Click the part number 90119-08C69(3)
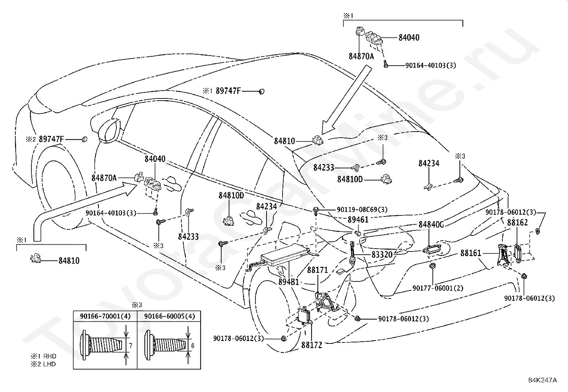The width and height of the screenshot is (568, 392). [362, 209]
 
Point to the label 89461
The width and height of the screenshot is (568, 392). [358, 220]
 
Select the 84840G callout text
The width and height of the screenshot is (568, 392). [431, 224]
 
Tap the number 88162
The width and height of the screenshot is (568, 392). [517, 222]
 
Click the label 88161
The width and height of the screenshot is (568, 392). [471, 253]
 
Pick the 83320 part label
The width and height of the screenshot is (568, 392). [382, 254]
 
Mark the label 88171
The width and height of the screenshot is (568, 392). [318, 270]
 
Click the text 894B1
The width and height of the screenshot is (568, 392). [289, 282]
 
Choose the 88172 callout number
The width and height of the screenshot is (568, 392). [311, 345]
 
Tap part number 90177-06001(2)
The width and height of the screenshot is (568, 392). [438, 288]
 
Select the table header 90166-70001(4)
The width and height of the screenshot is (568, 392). [105, 316]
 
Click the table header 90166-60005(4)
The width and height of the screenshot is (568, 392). [169, 316]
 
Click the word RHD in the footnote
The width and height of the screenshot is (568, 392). [50, 356]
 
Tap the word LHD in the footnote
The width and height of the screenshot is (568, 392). [50, 364]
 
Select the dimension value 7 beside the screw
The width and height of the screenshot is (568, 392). [131, 346]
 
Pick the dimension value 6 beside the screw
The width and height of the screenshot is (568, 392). [193, 346]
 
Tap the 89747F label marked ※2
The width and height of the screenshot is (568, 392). [51, 139]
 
